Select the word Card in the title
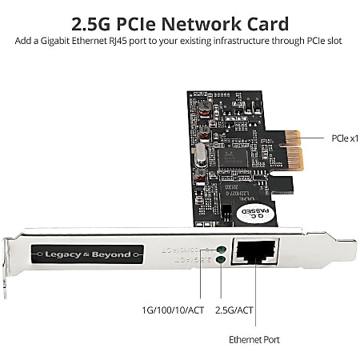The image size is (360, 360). click(x=267, y=23)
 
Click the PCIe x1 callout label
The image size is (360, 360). click(x=344, y=138)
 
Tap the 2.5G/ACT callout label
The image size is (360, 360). click(x=234, y=309)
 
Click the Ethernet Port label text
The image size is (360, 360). click(x=254, y=339)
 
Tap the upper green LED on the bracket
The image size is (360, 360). click(x=220, y=250)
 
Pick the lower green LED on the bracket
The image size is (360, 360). click(x=220, y=261)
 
